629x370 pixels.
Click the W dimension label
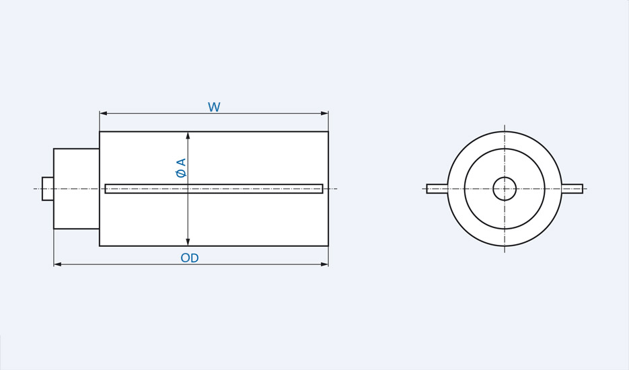214,108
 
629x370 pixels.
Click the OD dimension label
190,258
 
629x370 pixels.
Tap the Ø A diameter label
180,168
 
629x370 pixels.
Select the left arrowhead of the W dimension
103,113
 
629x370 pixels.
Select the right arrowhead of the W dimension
325,113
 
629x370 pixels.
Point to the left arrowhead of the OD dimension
57,264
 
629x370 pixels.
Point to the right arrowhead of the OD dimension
325,264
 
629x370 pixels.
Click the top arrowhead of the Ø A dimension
188,135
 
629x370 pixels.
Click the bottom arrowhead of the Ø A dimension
188,242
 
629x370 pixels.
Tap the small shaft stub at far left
48,188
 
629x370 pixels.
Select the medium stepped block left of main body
77,188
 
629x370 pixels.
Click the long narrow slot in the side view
214,188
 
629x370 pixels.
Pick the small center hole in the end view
505,188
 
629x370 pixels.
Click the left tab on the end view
437,188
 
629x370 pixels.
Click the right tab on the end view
572,188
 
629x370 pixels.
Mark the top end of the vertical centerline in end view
505,125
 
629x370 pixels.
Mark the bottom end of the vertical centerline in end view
505,252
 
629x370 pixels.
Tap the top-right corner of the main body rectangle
328,132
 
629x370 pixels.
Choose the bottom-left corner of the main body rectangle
100,246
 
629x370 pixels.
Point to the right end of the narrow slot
322,188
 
